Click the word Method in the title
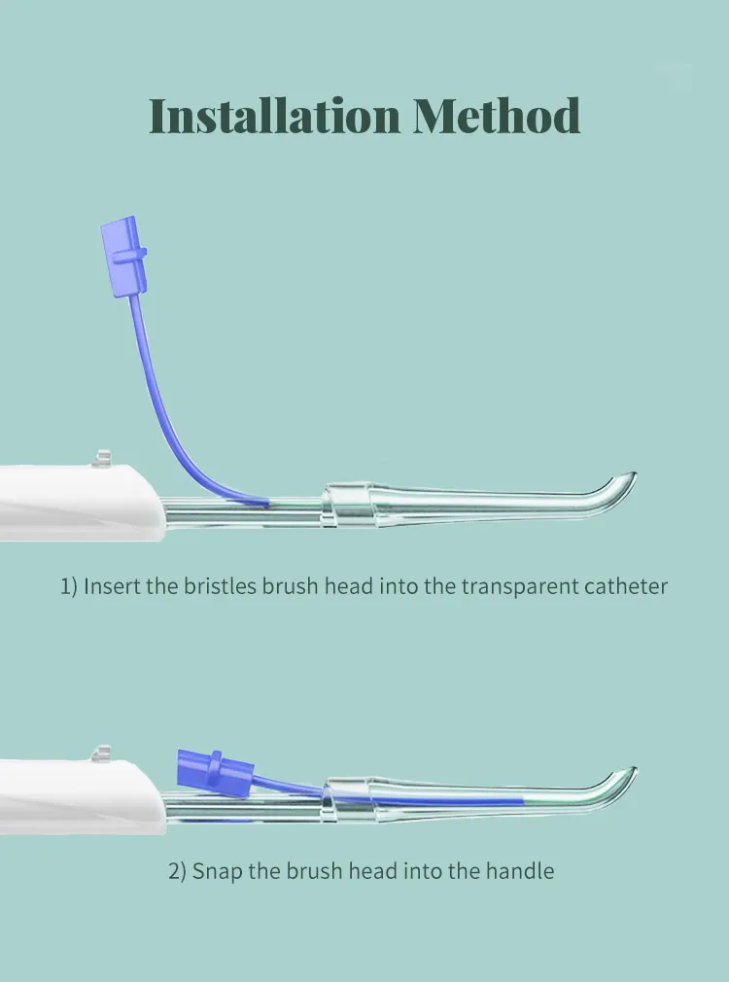497,117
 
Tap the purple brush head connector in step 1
123,257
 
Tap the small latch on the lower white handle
100,753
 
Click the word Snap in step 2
218,870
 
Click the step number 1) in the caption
68,586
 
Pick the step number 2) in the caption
177,870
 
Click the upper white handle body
68,498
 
